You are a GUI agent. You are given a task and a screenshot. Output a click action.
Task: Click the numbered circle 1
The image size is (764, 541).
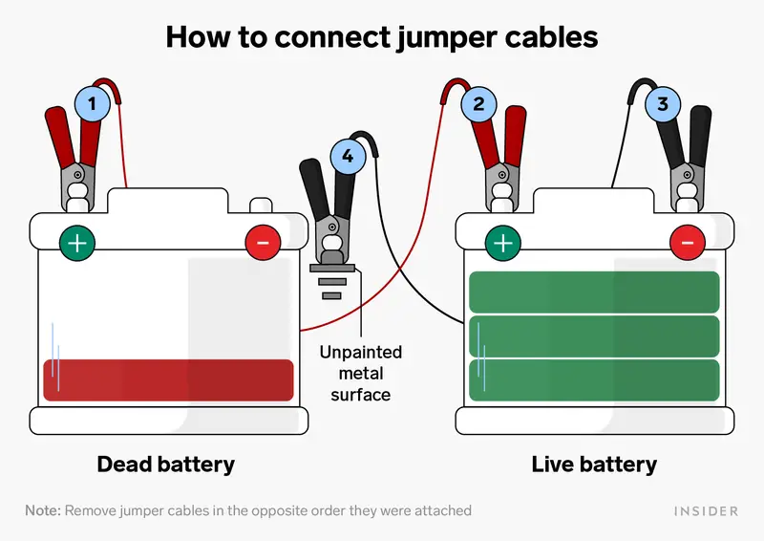(x=92, y=102)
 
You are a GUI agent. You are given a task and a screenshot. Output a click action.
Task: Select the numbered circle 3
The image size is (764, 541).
(x=664, y=102)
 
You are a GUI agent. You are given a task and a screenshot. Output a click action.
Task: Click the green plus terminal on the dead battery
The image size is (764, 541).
(x=77, y=244)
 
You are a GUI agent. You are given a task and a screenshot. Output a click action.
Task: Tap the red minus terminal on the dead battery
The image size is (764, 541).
(x=263, y=244)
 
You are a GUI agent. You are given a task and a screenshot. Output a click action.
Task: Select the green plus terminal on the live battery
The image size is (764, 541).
(x=503, y=244)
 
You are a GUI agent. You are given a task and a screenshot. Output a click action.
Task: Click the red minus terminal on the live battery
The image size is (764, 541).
(x=688, y=244)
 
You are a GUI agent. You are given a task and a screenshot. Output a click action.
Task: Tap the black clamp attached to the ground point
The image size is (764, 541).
(x=329, y=210)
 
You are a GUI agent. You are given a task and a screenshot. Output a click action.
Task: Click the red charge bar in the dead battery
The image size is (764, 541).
(x=168, y=380)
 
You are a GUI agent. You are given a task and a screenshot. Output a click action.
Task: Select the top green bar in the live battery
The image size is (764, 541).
(x=594, y=292)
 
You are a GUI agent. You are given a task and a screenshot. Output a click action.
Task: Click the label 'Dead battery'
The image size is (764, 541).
(x=166, y=465)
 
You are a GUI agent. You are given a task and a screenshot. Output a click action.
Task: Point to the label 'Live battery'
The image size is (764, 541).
(x=594, y=465)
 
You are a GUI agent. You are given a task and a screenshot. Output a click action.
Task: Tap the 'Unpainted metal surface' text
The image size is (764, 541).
(x=360, y=373)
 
